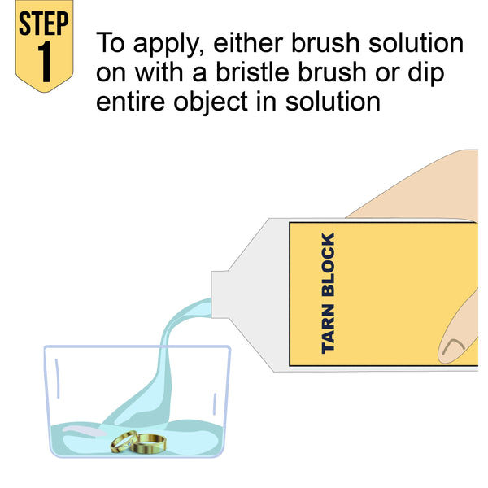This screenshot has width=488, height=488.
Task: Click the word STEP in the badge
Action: (44, 24)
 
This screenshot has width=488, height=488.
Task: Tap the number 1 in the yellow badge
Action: (45, 61)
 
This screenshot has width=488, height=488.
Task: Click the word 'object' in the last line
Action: (211, 102)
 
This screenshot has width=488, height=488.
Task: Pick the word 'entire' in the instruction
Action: (130, 102)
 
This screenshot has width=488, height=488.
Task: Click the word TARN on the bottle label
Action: (329, 329)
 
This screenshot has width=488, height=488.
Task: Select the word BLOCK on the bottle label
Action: (329, 264)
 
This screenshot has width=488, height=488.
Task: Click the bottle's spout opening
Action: (212, 294)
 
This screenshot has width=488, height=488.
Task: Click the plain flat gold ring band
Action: (148, 444)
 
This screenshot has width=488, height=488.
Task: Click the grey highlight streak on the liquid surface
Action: (84, 431)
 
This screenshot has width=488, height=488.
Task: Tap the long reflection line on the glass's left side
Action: (58, 378)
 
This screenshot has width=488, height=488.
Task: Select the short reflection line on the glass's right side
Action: (215, 404)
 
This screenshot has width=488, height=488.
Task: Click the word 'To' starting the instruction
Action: (111, 42)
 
